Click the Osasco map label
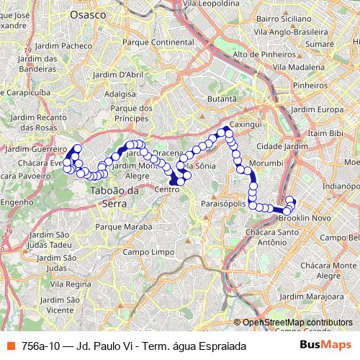tap(89, 14)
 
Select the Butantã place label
tap(222, 99)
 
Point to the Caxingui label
tap(246, 125)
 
